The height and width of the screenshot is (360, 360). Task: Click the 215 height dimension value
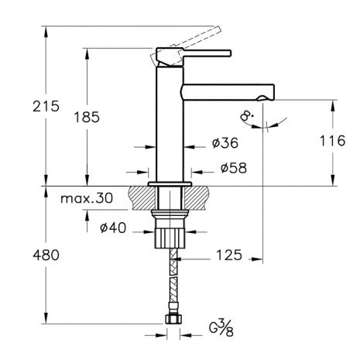(x=46, y=106)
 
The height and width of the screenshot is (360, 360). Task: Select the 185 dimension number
(x=87, y=117)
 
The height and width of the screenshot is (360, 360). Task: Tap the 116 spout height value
(x=332, y=141)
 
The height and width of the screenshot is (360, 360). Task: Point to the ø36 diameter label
(x=225, y=142)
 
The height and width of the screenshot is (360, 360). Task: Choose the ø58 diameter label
(x=234, y=168)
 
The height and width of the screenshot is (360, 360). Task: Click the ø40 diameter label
(x=113, y=228)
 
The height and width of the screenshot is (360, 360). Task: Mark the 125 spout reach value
(x=229, y=255)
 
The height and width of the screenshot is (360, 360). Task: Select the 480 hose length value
(x=46, y=255)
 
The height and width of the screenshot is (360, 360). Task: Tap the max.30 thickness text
(x=87, y=198)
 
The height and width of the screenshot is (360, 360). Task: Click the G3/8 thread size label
(x=221, y=327)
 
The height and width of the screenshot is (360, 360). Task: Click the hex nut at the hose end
(x=173, y=319)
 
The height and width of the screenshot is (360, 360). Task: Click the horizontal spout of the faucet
(x=228, y=92)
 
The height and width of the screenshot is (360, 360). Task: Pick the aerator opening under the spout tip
(x=262, y=98)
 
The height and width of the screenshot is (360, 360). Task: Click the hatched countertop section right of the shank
(x=196, y=198)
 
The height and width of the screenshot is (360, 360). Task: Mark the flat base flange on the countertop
(x=170, y=184)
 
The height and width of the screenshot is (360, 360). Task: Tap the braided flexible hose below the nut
(x=173, y=280)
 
